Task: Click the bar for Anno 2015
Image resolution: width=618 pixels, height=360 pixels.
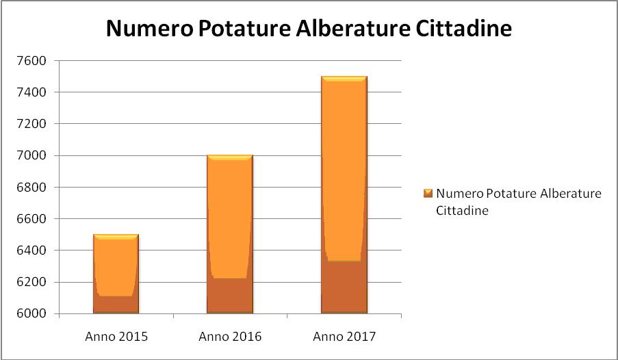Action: [116, 274]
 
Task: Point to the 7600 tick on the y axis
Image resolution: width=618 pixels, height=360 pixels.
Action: [31, 61]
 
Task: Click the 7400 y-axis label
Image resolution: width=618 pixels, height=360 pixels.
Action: [31, 92]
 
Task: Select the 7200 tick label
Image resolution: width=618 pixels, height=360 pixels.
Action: [31, 124]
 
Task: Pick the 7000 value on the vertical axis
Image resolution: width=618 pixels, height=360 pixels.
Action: [31, 155]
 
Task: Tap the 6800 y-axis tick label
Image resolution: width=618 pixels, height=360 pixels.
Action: [31, 188]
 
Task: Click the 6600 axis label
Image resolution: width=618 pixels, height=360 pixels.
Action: [31, 219]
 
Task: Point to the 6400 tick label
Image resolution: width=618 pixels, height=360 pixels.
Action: [31, 250]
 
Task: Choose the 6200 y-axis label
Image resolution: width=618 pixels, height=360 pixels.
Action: [31, 282]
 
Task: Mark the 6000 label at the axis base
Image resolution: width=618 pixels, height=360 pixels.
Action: [31, 314]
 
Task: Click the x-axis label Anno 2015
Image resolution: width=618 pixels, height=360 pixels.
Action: [116, 337]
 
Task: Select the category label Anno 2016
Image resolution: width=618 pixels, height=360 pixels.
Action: [230, 337]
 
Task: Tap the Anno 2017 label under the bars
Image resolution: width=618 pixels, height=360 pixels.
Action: [344, 337]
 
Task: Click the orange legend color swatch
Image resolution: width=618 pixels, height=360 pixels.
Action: [428, 193]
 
